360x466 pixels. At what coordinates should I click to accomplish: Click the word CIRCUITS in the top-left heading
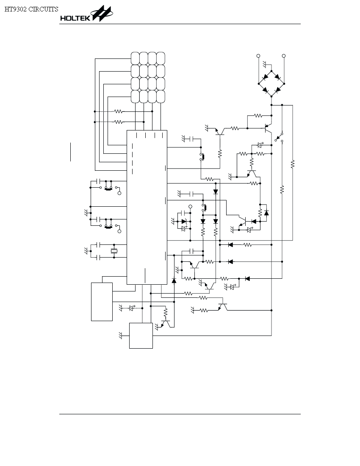point(43,9)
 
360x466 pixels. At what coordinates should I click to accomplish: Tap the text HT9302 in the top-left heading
point(16,9)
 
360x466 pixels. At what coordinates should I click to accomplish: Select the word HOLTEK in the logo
point(75,18)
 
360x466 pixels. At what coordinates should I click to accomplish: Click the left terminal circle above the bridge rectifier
point(258,56)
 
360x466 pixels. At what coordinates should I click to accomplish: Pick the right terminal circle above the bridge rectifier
point(284,56)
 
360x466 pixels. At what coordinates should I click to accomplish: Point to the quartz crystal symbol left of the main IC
point(114,251)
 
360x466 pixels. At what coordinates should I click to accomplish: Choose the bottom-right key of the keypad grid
point(161,97)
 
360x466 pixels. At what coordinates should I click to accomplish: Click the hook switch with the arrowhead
point(279,137)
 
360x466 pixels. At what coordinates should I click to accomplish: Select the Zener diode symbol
point(184,222)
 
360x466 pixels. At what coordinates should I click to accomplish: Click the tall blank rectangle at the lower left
point(102,302)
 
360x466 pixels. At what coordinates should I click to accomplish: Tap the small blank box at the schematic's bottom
point(141,336)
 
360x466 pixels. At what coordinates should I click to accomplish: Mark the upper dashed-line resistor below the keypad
point(119,111)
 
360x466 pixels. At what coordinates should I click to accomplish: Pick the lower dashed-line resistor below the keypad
point(119,122)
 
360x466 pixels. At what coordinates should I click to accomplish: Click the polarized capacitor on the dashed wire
point(132,308)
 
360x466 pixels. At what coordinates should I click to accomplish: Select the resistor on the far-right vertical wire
point(293,164)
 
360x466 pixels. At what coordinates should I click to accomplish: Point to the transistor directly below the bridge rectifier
point(268,128)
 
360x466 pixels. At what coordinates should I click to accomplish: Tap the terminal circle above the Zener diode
point(191,206)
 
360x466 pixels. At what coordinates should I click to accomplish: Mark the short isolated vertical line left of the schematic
point(70,152)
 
